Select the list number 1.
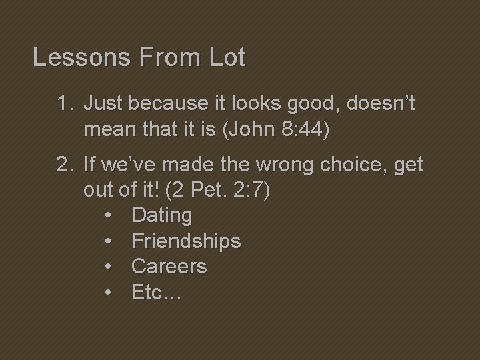point(64,104)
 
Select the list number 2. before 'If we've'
point(64,165)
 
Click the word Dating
point(162,215)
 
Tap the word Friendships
point(186,241)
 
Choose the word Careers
point(169,267)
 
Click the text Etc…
point(156,292)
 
